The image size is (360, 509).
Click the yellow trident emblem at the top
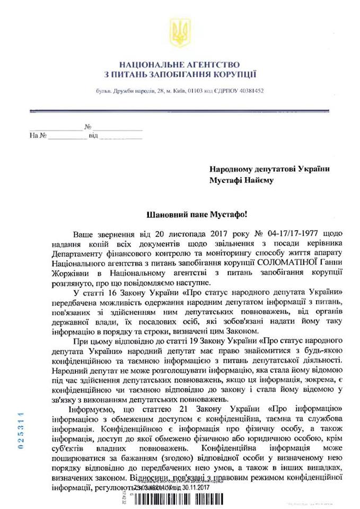point(180,32)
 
